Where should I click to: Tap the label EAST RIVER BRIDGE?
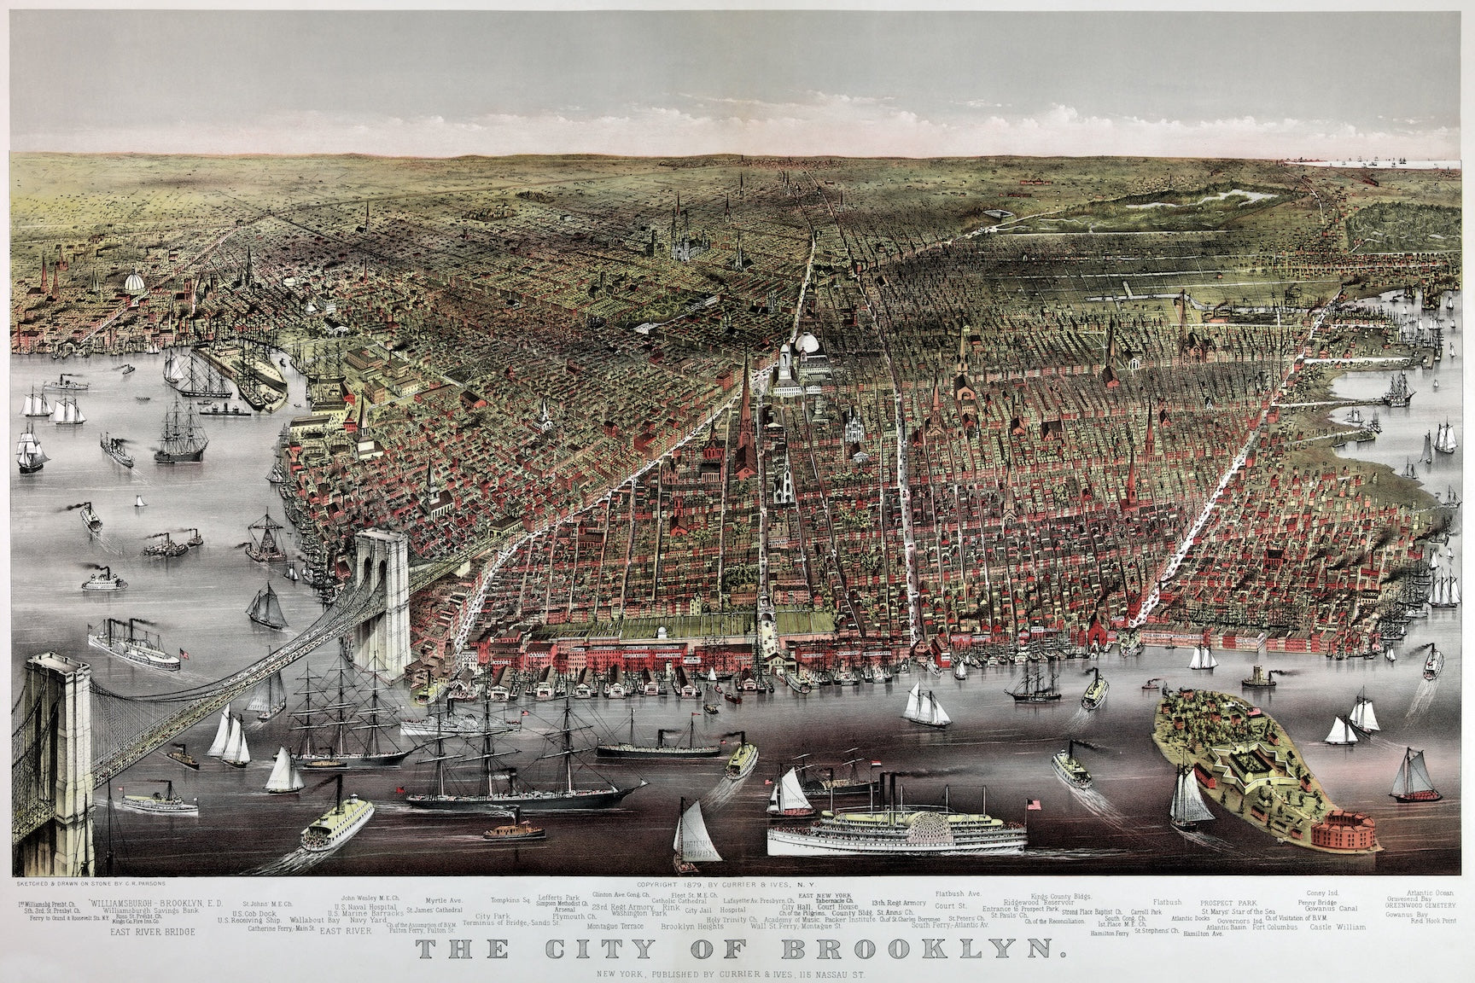tap(151, 933)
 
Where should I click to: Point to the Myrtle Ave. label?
tap(445, 899)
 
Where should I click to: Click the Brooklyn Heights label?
tap(692, 927)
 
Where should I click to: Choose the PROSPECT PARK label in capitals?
tap(1228, 902)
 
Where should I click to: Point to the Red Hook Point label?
tap(1433, 922)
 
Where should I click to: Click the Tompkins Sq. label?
tap(510, 899)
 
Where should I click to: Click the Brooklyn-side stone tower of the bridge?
tap(383, 597)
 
